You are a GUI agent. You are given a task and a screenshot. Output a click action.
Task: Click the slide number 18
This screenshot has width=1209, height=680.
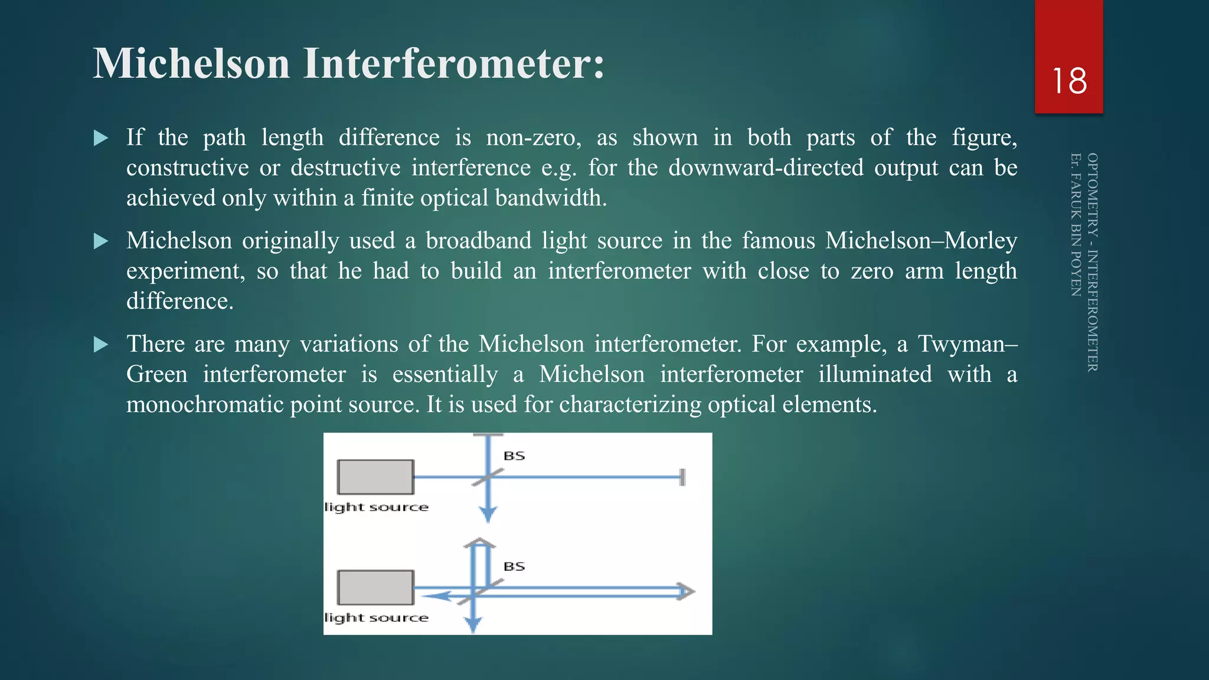tap(1069, 81)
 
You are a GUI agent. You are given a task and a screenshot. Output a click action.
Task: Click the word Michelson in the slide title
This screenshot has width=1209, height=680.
tap(191, 63)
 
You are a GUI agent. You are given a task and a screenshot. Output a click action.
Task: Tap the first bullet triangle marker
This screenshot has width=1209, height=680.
tap(101, 138)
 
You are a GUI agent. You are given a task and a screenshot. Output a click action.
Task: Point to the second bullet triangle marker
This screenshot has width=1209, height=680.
tap(101, 241)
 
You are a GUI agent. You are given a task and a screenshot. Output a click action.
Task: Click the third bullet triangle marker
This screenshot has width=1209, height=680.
tap(101, 344)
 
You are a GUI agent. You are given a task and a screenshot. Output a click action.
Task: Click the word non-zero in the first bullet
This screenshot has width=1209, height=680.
tap(533, 138)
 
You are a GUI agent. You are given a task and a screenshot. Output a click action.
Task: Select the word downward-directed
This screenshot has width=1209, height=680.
tap(766, 168)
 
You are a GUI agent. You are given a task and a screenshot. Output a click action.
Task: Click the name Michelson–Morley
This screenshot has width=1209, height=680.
tap(921, 241)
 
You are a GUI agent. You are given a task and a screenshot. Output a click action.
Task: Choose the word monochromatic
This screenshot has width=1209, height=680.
tap(207, 404)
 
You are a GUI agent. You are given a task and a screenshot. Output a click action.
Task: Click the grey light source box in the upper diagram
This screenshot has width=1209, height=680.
tap(375, 477)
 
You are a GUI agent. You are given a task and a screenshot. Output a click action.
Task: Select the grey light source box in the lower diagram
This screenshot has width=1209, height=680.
tap(375, 587)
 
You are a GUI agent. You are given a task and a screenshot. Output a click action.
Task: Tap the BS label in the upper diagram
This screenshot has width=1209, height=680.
tap(514, 456)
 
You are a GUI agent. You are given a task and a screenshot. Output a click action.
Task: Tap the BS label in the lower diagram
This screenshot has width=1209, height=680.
tap(514, 566)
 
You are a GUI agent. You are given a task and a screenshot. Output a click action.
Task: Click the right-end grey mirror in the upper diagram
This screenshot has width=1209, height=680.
tap(682, 477)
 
